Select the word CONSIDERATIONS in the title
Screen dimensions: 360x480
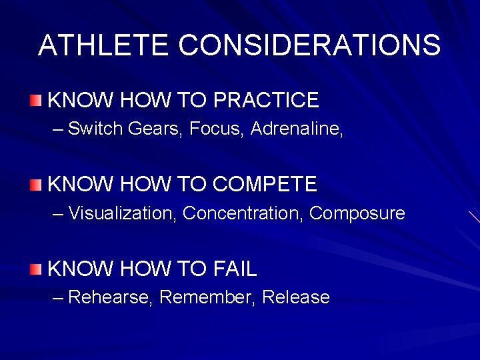click(x=310, y=45)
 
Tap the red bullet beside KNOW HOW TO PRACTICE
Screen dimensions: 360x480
click(x=35, y=101)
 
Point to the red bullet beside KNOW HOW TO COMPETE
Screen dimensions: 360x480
click(x=35, y=185)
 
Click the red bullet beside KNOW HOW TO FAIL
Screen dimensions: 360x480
click(x=35, y=269)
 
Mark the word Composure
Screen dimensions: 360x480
click(x=357, y=213)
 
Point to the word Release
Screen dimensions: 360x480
click(x=296, y=297)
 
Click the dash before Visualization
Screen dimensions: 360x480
click(x=58, y=214)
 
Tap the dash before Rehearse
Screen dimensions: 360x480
click(x=58, y=298)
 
